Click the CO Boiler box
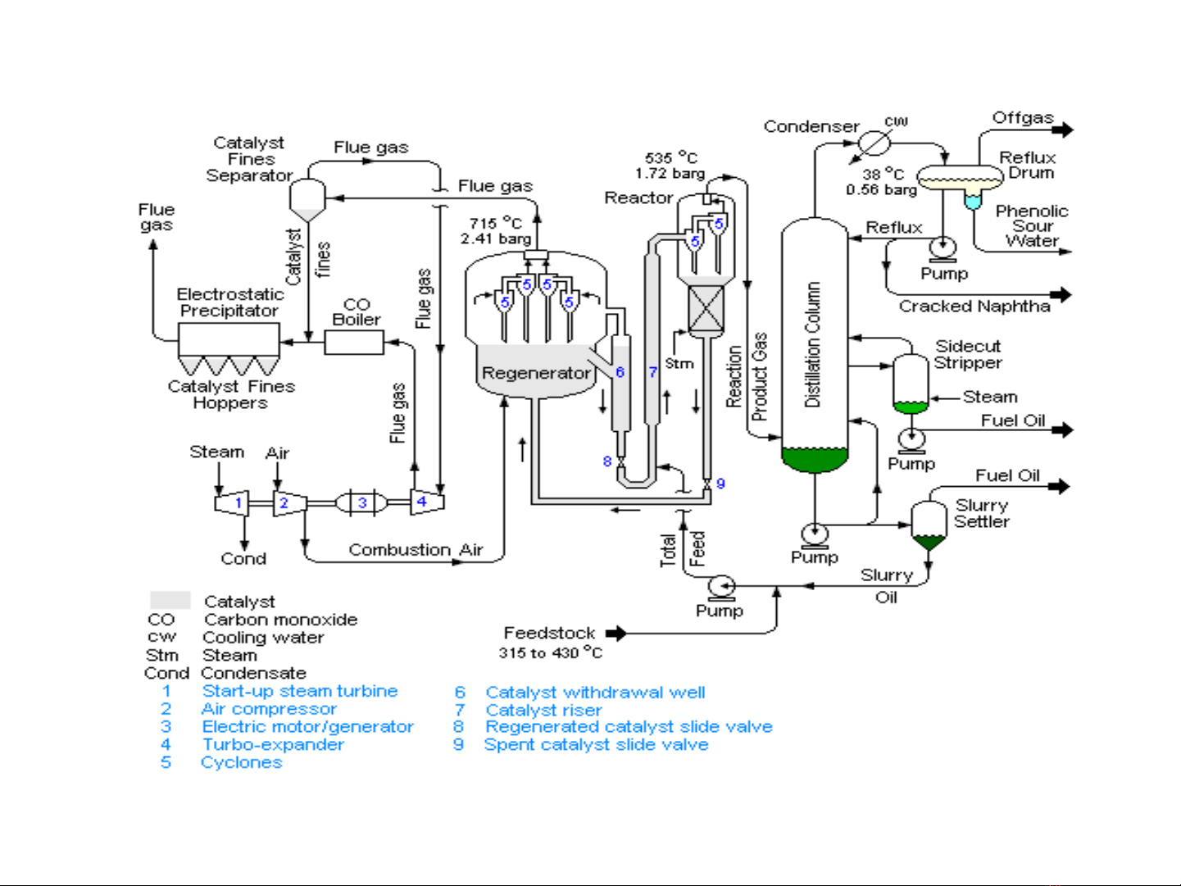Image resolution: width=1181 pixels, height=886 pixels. (x=354, y=342)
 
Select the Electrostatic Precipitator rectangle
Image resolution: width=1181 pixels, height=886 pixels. (x=229, y=339)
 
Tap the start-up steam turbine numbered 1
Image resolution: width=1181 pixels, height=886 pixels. (x=232, y=503)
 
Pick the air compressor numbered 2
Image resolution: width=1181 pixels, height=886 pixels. (x=290, y=503)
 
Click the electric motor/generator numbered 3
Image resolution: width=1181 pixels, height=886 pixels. (x=361, y=503)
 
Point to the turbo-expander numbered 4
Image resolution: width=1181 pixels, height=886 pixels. (x=428, y=502)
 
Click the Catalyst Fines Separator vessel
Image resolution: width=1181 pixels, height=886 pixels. (x=307, y=200)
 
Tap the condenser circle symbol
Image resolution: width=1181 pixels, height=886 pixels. (x=874, y=143)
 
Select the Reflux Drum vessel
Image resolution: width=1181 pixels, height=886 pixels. (x=960, y=178)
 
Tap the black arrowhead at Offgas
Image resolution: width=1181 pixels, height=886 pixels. (x=1063, y=129)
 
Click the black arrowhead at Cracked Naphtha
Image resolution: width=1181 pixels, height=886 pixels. (x=1061, y=295)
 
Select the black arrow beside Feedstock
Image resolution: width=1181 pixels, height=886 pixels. (x=616, y=634)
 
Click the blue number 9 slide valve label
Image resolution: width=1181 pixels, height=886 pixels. (x=721, y=484)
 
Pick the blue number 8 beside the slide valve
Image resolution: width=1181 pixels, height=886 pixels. (x=607, y=461)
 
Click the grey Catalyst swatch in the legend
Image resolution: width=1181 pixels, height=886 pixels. (x=170, y=600)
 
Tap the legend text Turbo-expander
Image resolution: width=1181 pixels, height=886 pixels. (x=273, y=744)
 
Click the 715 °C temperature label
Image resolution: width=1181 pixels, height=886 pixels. (x=496, y=223)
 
